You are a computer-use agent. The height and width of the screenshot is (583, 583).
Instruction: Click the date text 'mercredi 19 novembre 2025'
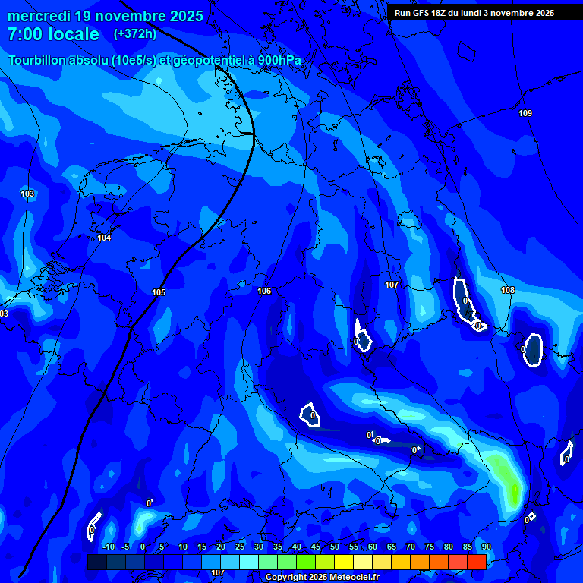coord(105,16)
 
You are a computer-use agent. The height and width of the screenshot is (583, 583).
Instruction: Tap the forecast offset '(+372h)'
coord(134,34)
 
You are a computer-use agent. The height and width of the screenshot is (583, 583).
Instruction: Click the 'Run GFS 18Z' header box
coord(474,13)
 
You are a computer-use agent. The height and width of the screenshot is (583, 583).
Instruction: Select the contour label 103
coord(27,194)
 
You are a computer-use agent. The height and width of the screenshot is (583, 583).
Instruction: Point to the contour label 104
coord(104,238)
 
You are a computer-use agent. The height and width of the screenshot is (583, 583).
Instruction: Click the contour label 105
coord(158,293)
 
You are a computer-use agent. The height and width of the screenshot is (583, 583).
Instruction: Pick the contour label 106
coord(264,291)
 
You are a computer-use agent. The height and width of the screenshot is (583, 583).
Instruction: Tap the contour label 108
coord(508,291)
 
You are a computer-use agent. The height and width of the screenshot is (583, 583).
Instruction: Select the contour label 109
coord(525,114)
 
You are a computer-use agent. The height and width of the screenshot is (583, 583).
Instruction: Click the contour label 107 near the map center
coord(392,285)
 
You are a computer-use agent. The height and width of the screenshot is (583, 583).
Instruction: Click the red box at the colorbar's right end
coord(476,562)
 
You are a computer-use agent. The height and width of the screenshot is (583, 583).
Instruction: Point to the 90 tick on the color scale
coord(486,547)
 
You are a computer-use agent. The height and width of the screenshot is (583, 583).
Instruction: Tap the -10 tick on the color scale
coord(108,547)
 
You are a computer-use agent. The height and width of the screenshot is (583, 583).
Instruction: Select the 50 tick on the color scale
coord(335,547)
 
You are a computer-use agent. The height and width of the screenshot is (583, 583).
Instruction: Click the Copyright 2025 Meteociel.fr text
coord(321,578)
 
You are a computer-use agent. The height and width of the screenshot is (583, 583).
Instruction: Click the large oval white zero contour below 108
coord(534,350)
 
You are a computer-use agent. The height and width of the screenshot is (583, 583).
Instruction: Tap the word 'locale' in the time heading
coord(74,34)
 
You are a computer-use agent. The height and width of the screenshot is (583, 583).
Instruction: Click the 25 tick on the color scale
coord(240,547)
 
